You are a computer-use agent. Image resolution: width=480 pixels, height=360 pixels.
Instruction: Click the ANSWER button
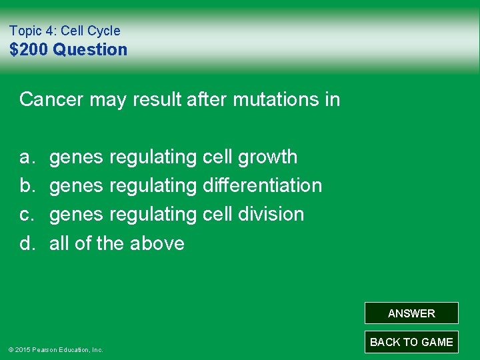pyautogui.click(x=411, y=313)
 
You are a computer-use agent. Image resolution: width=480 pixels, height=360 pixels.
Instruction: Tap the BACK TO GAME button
pyautogui.click(x=411, y=342)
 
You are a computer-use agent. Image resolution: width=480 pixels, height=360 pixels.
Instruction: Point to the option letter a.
pyautogui.click(x=27, y=157)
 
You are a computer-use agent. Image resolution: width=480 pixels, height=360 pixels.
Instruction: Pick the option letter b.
pyautogui.click(x=27, y=185)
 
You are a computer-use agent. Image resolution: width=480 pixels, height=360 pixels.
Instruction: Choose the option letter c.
pyautogui.click(x=27, y=214)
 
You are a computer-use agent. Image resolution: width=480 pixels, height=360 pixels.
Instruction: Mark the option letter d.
pyautogui.click(x=27, y=243)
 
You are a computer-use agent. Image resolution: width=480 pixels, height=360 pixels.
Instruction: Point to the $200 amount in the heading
pyautogui.click(x=29, y=49)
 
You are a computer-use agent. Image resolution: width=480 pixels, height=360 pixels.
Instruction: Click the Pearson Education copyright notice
pyautogui.click(x=55, y=349)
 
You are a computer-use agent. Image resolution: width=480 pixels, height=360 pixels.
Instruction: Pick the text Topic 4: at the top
pyautogui.click(x=33, y=31)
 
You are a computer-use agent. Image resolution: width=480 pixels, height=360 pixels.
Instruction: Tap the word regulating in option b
pyautogui.click(x=152, y=185)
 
